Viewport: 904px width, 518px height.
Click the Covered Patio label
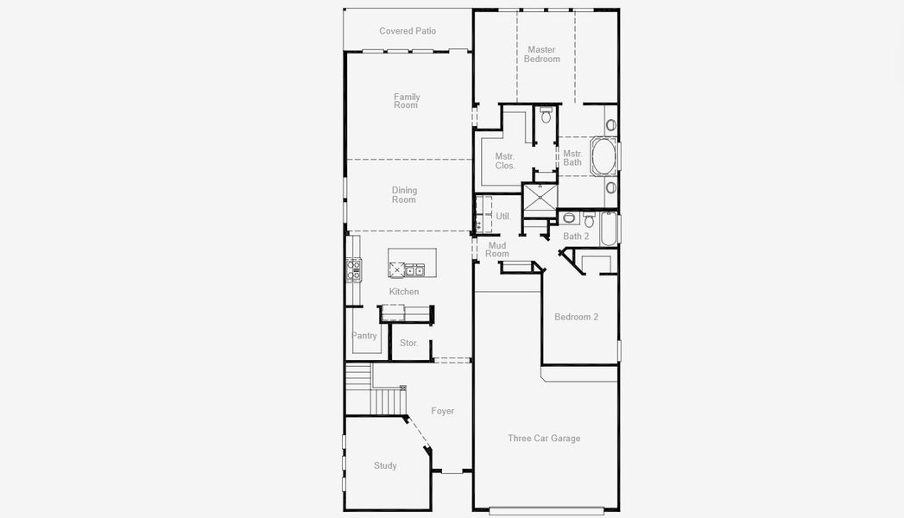click(408, 31)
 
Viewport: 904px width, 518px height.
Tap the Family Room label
click(406, 101)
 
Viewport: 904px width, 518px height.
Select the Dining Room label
click(404, 195)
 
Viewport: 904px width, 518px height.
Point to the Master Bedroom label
click(542, 54)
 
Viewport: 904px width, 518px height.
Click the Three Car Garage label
click(544, 439)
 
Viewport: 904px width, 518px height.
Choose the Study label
click(385, 466)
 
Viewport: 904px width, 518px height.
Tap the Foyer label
click(443, 412)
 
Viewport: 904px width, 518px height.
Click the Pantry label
click(364, 336)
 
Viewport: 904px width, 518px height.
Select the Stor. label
click(409, 344)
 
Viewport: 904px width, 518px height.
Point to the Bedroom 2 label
click(576, 317)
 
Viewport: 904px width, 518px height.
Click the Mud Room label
click(497, 250)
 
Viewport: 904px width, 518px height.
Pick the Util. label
click(503, 216)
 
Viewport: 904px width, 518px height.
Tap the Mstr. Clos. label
click(505, 161)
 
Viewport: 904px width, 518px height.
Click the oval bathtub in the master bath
click(603, 156)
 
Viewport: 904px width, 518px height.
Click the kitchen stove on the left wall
click(354, 270)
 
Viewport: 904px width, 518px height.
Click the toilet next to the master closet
click(546, 116)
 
